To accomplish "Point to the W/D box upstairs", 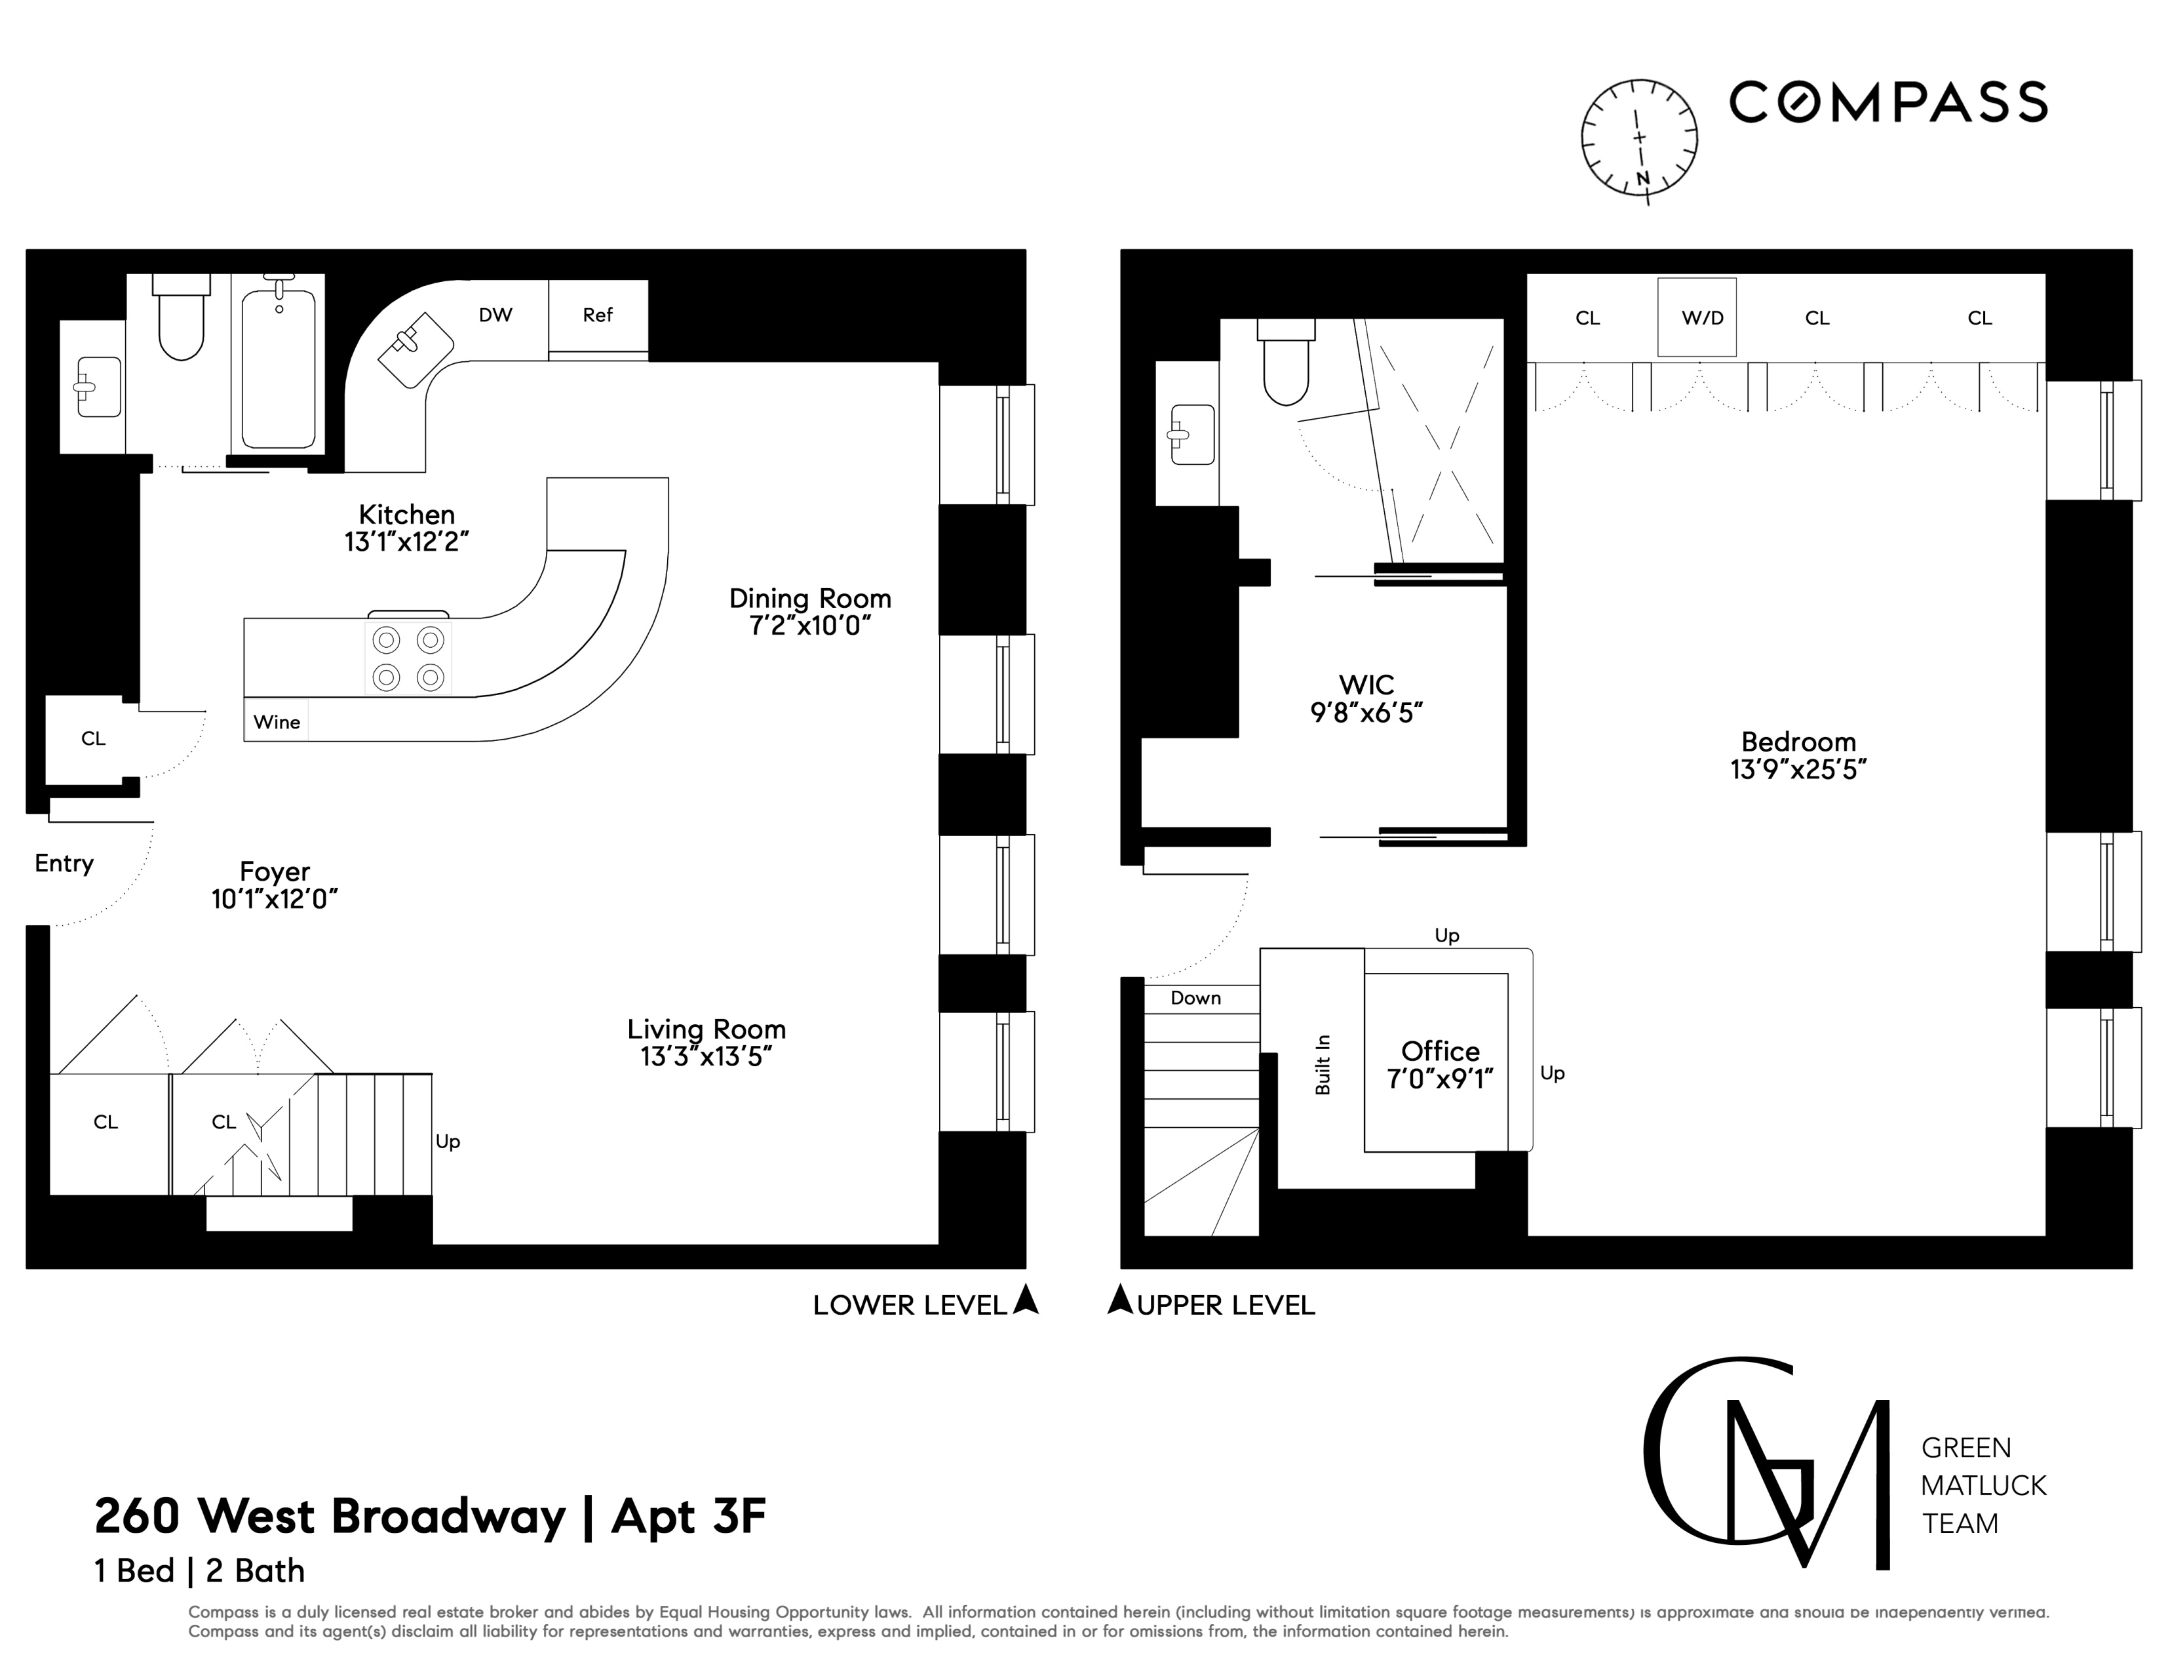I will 1701,318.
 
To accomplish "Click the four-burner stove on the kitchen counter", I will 408,658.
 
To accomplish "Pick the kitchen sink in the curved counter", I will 415,348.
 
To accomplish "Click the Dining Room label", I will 810,599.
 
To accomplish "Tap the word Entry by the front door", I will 64,864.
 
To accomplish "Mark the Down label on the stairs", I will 1195,999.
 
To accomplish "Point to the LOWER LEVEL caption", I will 909,1306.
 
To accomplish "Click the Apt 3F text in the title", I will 689,1516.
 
